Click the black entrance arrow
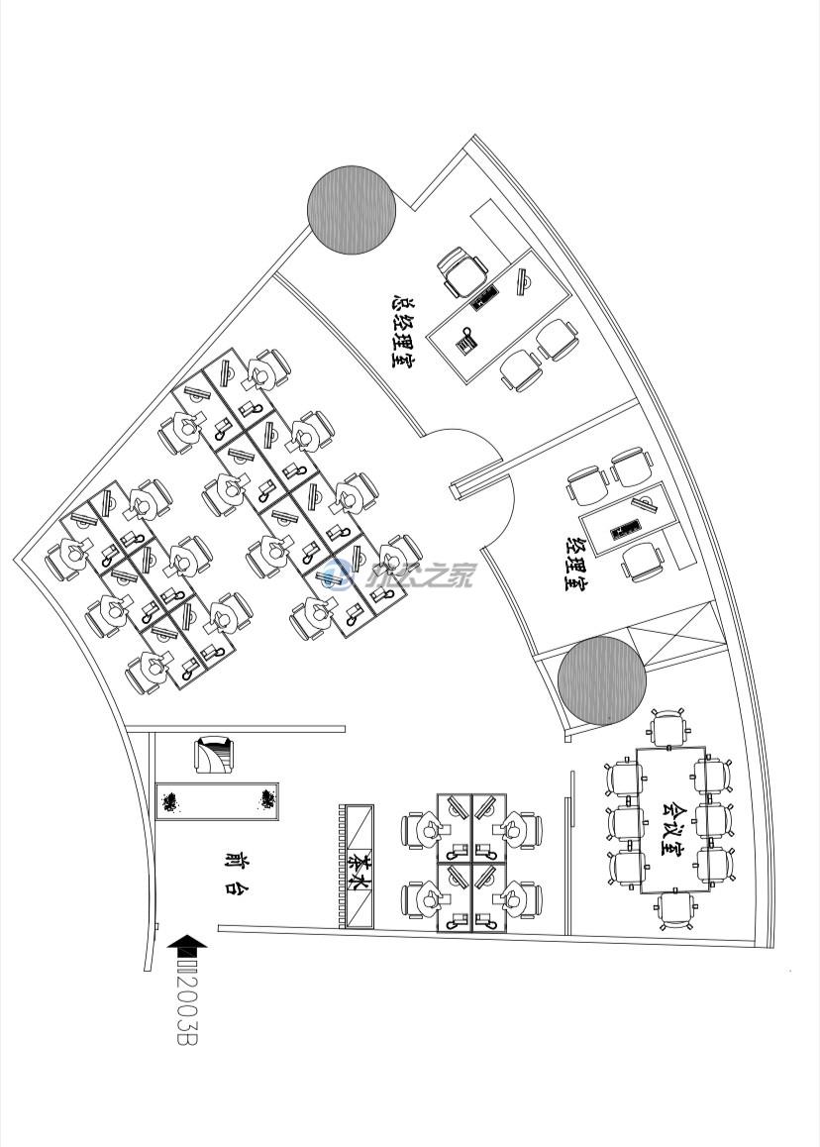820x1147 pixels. [188, 947]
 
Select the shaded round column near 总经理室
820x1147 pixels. [352, 209]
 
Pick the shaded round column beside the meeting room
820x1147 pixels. [601, 680]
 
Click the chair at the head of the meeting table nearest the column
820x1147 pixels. [668, 729]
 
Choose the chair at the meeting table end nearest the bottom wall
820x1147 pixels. [675, 909]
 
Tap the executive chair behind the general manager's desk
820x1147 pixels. [463, 270]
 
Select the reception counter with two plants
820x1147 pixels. [218, 800]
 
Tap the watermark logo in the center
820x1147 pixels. [338, 573]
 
